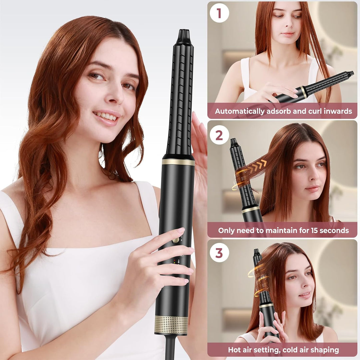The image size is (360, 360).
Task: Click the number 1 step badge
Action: (x=219, y=13)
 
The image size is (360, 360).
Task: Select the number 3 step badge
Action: (x=219, y=253)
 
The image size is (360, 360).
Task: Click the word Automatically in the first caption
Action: (x=240, y=111)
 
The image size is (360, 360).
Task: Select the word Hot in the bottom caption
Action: (x=234, y=350)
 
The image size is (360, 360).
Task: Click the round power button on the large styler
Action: (x=176, y=240)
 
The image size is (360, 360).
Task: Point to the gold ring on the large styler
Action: (x=178, y=162)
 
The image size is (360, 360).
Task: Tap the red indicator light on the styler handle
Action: (x=174, y=261)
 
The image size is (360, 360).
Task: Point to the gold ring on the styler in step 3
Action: (x=266, y=306)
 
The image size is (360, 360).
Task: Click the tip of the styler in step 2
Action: (x=233, y=139)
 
